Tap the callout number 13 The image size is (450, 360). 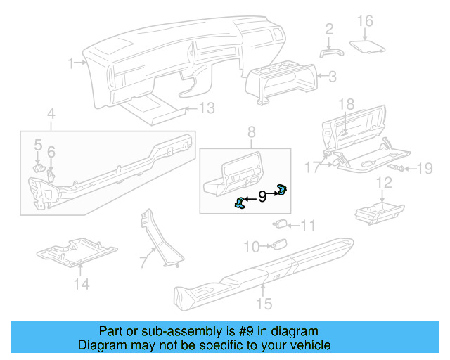pyautogui.click(x=205, y=108)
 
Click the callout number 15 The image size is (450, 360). pyautogui.click(x=264, y=303)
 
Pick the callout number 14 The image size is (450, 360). pyautogui.click(x=82, y=284)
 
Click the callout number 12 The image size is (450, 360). pyautogui.click(x=384, y=184)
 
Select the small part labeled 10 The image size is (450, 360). pyautogui.click(x=280, y=245)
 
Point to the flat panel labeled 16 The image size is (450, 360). pyautogui.click(x=368, y=46)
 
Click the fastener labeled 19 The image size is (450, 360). pyautogui.click(x=397, y=168)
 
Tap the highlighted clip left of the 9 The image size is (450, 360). pyautogui.click(x=240, y=203)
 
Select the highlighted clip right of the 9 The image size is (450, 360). pyautogui.click(x=282, y=188)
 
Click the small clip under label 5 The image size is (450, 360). pyautogui.click(x=38, y=168)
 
